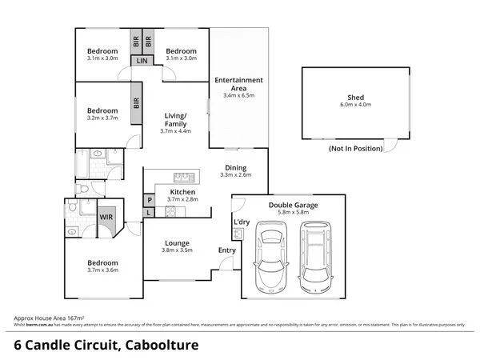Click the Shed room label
[351, 98]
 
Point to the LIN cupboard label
[142, 61]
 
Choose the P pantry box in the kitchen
[149, 200]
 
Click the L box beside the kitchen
[149, 213]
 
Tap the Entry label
[227, 250]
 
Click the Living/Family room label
[175, 120]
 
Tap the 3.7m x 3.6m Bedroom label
[102, 270]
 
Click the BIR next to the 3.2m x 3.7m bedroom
[137, 103]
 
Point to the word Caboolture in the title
[160, 346]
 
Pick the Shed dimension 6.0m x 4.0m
[351, 106]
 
